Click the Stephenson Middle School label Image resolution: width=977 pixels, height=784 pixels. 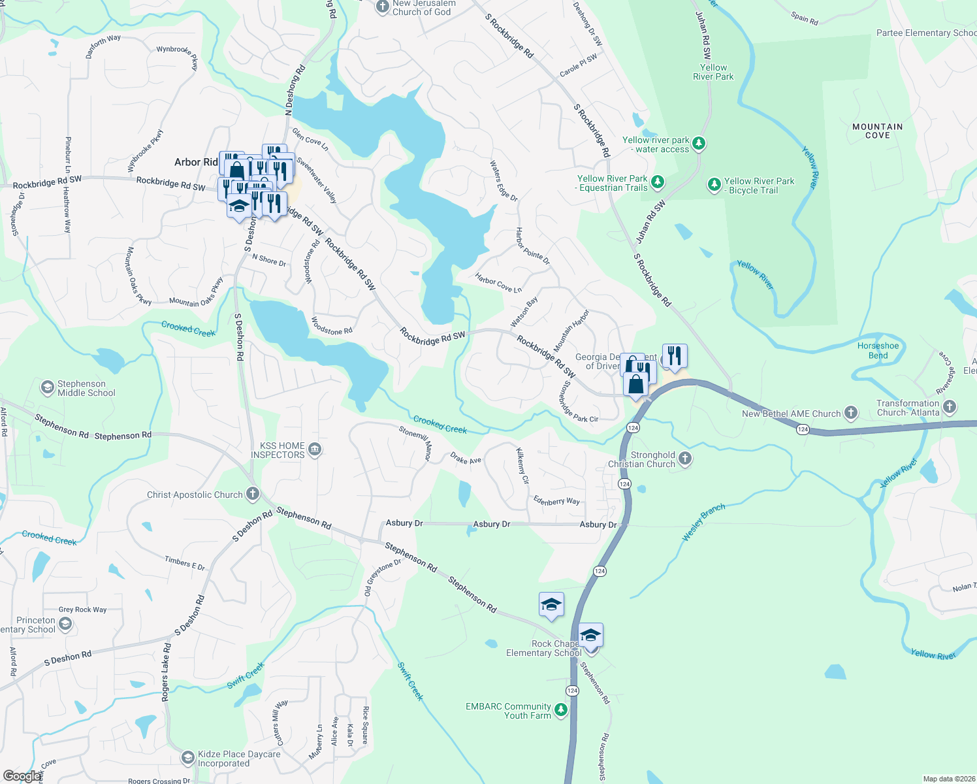pyautogui.click(x=86, y=388)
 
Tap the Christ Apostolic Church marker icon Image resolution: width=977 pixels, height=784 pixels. pyautogui.click(x=253, y=495)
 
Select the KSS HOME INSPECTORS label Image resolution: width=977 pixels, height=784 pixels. pyautogui.click(x=278, y=450)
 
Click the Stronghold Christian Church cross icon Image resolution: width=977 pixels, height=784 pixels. pyautogui.click(x=684, y=459)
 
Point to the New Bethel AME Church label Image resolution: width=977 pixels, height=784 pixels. pyautogui.click(x=791, y=414)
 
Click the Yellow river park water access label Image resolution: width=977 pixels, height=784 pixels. pyautogui.click(x=656, y=144)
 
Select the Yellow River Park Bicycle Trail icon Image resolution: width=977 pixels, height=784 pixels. pyautogui.click(x=714, y=185)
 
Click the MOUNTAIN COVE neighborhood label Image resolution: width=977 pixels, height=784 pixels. pyautogui.click(x=877, y=131)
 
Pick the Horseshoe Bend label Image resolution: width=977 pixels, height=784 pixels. pyautogui.click(x=878, y=351)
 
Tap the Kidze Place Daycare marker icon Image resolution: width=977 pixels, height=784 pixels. pyautogui.click(x=187, y=758)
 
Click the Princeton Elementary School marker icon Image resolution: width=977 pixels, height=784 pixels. pyautogui.click(x=65, y=625)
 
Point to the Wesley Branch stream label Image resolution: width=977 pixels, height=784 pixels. pyautogui.click(x=703, y=522)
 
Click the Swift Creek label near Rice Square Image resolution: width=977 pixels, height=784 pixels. pyautogui.click(x=411, y=681)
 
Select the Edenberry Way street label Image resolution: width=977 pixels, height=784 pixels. pyautogui.click(x=556, y=500)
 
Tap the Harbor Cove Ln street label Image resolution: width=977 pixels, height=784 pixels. pyautogui.click(x=498, y=284)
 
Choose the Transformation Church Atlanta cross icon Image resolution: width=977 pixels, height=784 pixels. pyautogui.click(x=950, y=407)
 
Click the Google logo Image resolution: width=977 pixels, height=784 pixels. pyautogui.click(x=22, y=776)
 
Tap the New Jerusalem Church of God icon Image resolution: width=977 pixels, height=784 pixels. pyautogui.click(x=382, y=7)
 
